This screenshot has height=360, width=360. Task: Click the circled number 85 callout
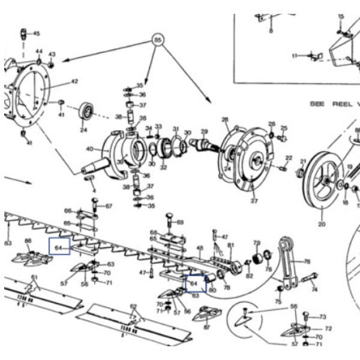click(157, 41)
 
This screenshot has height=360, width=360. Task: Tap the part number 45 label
click(36, 34)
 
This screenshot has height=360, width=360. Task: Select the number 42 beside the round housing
click(74, 81)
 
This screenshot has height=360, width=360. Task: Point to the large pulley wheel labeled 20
click(323, 179)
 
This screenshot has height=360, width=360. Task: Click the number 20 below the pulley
click(322, 225)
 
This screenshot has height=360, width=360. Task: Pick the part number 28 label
click(226, 120)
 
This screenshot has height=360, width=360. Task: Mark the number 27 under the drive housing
click(254, 200)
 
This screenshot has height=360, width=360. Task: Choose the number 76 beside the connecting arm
click(307, 262)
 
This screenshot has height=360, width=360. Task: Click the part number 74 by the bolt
click(314, 289)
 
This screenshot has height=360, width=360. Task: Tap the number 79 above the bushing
click(257, 243)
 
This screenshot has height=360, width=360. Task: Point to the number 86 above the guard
click(28, 241)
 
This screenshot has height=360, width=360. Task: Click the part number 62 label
click(134, 307)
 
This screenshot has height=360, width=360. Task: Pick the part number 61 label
click(34, 277)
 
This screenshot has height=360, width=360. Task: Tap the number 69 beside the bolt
click(180, 223)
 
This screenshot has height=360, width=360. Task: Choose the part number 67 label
click(109, 206)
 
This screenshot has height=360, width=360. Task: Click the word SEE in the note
click(317, 104)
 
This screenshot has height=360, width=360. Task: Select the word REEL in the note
click(341, 104)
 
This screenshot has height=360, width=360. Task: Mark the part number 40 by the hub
click(89, 149)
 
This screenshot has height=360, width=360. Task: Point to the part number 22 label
click(289, 158)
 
